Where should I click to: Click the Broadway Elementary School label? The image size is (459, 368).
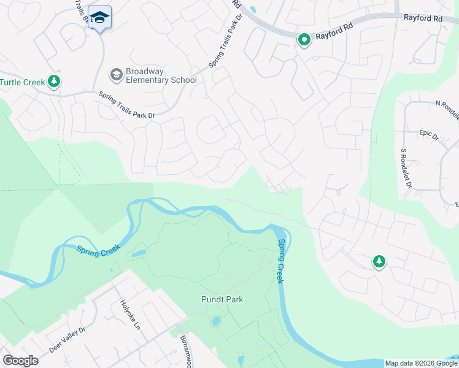click(161, 75)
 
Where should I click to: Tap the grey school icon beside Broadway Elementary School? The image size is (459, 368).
click(116, 75)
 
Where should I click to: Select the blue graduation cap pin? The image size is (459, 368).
click(99, 18)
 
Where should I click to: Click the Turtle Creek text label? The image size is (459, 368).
click(23, 82)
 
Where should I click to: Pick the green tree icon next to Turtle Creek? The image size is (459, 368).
click(54, 81)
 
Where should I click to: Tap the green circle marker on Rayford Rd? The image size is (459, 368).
click(304, 40)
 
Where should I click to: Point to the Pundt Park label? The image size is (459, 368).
click(222, 300)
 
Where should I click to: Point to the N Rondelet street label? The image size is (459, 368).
click(447, 105)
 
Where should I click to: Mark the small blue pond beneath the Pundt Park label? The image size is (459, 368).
click(215, 321)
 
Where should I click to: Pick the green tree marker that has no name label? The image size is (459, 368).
click(379, 262)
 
